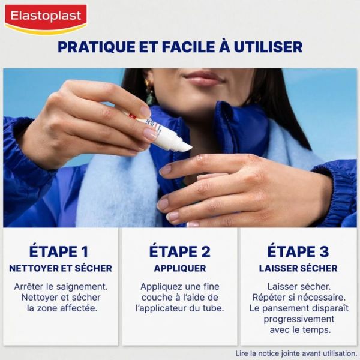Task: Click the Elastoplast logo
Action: pos(46,17)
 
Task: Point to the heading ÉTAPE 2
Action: pos(179,251)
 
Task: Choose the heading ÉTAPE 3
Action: pos(298,251)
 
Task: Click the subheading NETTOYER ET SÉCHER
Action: pos(60,268)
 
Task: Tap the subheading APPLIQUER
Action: pos(179,268)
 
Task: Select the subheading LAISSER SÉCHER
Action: pos(298,268)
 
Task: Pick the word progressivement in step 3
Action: pos(298,319)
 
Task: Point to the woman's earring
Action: pos(149,90)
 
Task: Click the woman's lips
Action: pos(204,79)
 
